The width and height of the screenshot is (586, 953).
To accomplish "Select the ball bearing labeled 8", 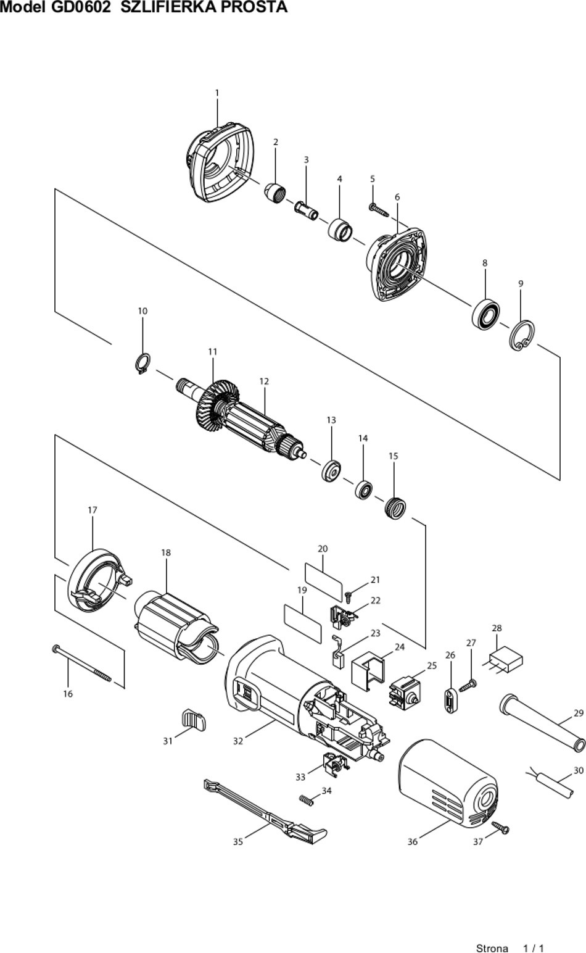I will coord(485,313).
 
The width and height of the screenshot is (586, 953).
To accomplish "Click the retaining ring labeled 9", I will coord(522,335).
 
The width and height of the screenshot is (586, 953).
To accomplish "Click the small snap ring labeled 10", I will coord(142,363).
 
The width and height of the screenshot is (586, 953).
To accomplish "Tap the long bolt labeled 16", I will coord(82,664).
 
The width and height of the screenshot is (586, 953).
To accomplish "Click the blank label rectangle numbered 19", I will coord(302,623).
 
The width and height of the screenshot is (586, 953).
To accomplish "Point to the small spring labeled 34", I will coord(307,800).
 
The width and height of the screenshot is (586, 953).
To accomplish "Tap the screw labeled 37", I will coord(500,827).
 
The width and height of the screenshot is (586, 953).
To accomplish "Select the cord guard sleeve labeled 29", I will coord(542,722).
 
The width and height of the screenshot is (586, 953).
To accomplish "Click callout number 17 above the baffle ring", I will coord(92,510).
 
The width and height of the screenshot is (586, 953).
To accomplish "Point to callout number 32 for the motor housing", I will coord(238,741).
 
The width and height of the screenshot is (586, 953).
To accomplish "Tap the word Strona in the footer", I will coord(492,948).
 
